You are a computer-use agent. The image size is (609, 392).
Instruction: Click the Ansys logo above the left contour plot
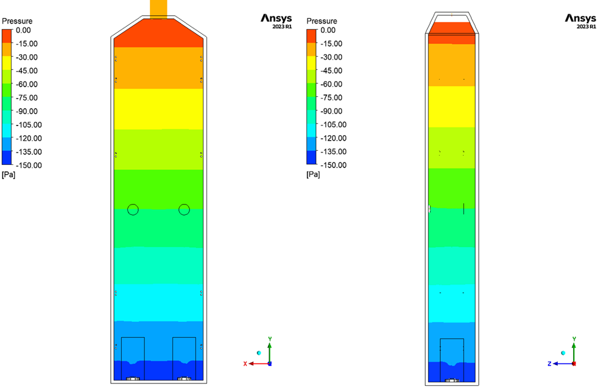(276, 21)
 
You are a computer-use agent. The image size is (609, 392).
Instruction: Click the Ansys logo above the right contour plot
(580, 21)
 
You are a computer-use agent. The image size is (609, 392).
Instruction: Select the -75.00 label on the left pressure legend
(26, 98)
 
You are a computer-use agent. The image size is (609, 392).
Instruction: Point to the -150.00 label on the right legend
(333, 165)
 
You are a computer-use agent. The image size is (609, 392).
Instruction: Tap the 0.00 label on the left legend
(23, 30)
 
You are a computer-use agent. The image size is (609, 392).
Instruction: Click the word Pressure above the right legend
(322, 21)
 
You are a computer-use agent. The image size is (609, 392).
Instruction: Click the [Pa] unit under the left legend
(9, 175)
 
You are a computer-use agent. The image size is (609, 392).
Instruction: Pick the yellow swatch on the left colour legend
(7, 63)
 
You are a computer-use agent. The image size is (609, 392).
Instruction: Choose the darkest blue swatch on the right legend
(311, 158)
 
